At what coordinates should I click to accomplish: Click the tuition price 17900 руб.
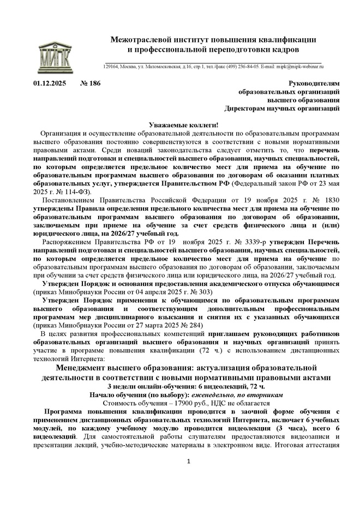pyautogui.click(x=157, y=403)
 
